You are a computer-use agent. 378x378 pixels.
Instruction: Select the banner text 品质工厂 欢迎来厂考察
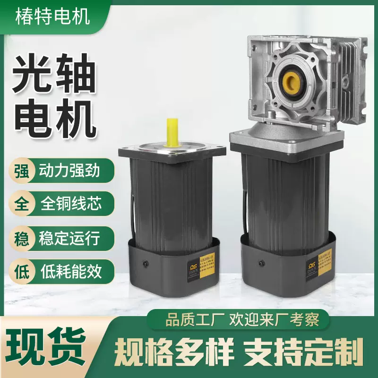click(242, 320)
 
